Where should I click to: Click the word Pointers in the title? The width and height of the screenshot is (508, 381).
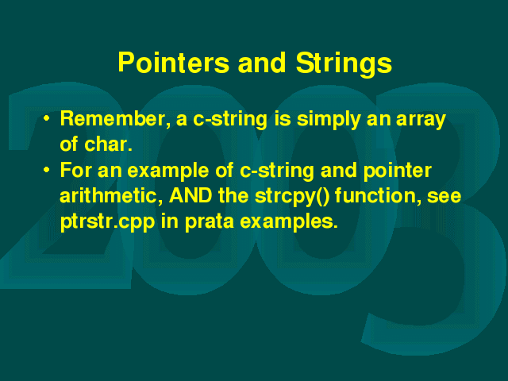click(x=174, y=62)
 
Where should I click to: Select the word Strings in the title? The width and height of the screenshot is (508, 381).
click(x=344, y=63)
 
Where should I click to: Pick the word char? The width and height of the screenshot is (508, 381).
click(x=108, y=144)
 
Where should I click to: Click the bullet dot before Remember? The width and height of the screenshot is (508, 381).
click(x=47, y=118)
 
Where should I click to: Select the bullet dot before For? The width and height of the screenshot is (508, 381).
click(x=47, y=170)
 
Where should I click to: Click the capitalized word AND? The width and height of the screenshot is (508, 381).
click(x=190, y=196)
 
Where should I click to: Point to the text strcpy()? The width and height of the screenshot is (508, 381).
click(x=291, y=197)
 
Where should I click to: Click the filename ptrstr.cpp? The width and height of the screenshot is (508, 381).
click(x=108, y=222)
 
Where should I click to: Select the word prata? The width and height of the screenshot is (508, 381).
click(x=210, y=222)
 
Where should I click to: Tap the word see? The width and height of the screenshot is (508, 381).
click(x=444, y=197)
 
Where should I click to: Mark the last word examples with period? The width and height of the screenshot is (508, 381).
click(x=289, y=222)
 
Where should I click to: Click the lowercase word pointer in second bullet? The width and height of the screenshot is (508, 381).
click(x=398, y=171)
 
